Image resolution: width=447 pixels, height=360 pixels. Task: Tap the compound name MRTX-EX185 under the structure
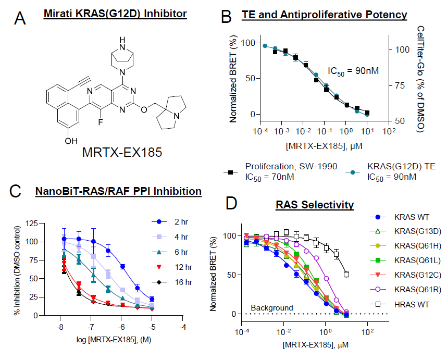click(x=122, y=153)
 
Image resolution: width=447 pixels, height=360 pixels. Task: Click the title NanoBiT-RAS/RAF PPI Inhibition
click(x=118, y=191)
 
